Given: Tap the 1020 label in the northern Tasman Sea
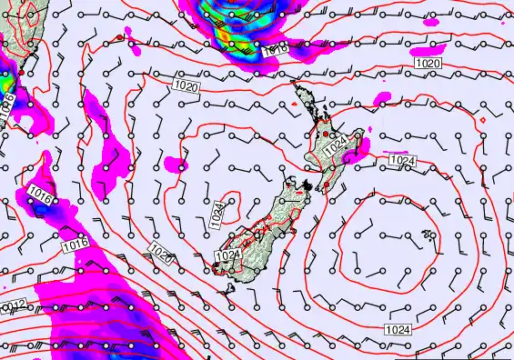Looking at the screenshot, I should pos(186,85).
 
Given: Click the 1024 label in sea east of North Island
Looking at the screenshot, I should pos(402,161).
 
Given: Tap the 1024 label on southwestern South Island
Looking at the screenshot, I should pos(227,255).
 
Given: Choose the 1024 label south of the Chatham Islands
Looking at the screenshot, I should pos(398,328).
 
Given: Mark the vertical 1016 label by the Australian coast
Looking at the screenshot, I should pos(8,103).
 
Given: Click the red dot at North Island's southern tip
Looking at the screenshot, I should pos(326,186).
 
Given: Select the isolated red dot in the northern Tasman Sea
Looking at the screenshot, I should pos(119,37).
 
